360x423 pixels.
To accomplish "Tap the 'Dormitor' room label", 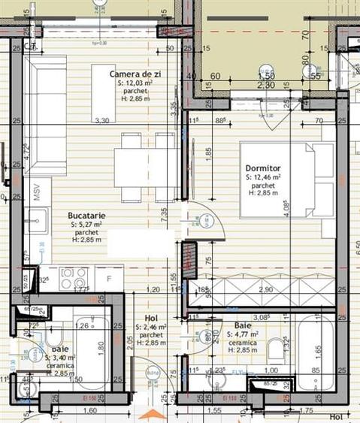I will (262, 168).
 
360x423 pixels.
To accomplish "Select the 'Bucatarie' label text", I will (86, 215).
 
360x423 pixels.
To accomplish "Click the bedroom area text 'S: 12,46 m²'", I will (262, 177).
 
